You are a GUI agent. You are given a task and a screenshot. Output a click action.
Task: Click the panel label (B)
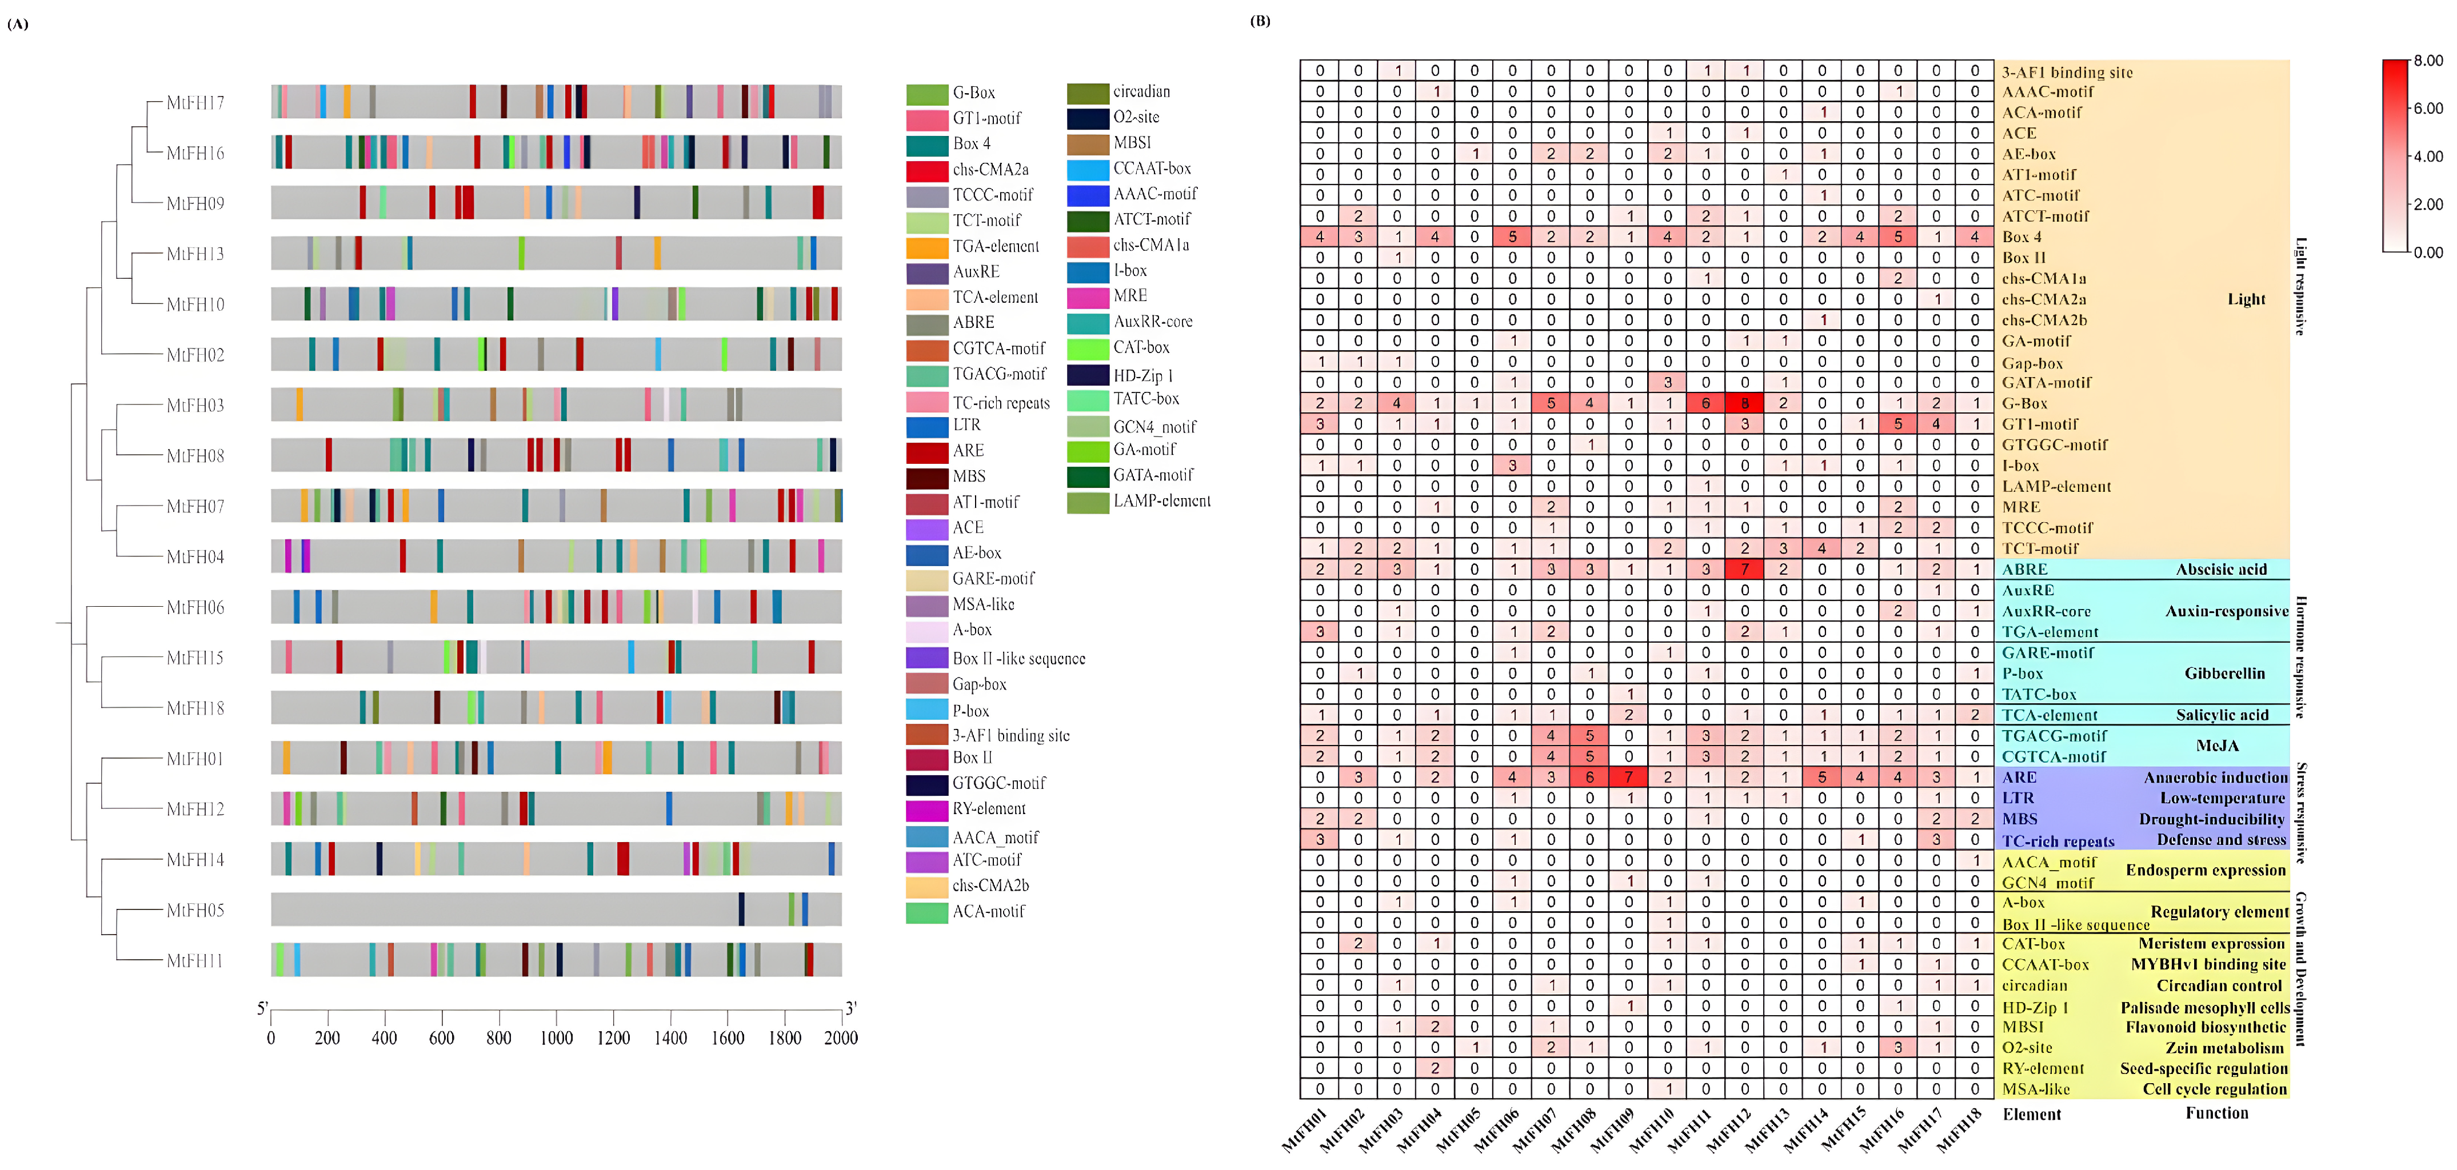click(x=1260, y=21)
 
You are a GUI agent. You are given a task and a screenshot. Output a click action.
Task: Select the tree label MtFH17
click(x=195, y=102)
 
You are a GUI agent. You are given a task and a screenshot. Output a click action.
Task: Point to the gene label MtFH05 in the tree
click(x=195, y=909)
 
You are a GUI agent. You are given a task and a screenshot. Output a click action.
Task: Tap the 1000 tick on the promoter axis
click(x=556, y=1037)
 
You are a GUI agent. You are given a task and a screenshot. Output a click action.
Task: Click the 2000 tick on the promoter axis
click(x=840, y=1037)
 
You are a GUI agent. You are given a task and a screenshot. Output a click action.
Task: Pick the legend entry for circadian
click(x=1141, y=91)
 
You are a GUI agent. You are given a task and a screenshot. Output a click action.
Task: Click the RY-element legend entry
click(x=988, y=808)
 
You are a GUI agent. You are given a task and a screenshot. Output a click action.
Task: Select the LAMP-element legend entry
click(x=1162, y=500)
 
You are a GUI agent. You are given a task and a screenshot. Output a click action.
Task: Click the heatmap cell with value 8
click(x=1744, y=403)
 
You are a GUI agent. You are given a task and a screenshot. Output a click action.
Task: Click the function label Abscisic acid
click(x=2220, y=569)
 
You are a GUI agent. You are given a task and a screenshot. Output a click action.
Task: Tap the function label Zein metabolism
click(x=2224, y=1048)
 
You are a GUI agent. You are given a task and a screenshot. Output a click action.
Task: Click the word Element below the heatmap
click(x=2032, y=1114)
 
